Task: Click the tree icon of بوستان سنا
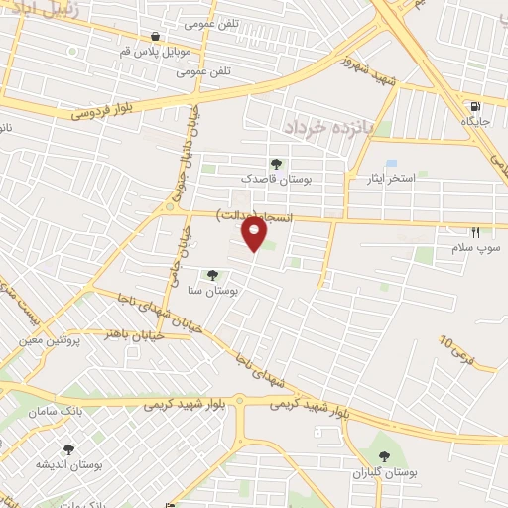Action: [x=211, y=275]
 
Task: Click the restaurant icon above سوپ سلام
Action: [x=475, y=231]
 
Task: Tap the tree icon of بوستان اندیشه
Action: [x=68, y=449]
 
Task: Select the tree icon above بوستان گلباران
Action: [x=384, y=456]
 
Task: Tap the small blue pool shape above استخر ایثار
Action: [x=391, y=163]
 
